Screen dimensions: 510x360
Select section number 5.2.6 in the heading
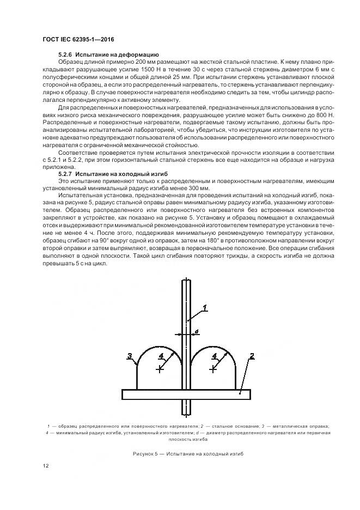tap(65, 55)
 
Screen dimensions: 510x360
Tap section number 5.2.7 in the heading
tap(65, 173)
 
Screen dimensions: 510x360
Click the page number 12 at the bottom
tap(45, 465)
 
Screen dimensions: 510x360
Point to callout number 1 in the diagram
tap(205, 308)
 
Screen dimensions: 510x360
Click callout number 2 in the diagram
tap(252, 356)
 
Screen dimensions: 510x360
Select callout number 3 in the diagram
tap(130, 356)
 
